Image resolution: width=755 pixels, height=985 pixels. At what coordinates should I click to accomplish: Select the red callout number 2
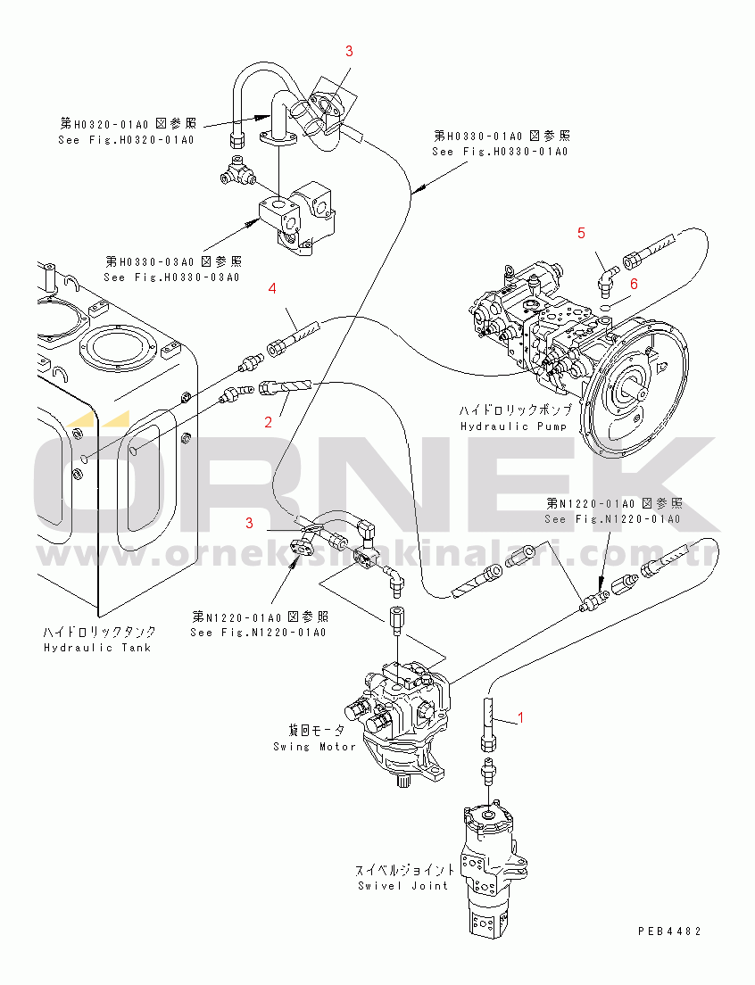[267, 423]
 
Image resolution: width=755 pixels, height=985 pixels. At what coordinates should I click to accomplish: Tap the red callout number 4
[273, 288]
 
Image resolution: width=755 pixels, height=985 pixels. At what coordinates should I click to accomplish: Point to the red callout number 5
[581, 233]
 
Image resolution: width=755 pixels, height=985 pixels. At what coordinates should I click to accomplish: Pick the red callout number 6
[634, 283]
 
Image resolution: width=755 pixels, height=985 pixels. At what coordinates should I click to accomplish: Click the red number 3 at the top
[349, 51]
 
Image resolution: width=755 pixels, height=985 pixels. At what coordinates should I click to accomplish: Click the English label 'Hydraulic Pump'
[502, 426]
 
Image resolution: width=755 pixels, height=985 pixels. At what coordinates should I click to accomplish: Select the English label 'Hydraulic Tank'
[96, 647]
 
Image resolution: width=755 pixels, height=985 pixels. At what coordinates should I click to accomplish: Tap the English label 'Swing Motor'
[314, 746]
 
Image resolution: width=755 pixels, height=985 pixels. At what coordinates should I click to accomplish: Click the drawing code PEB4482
[668, 931]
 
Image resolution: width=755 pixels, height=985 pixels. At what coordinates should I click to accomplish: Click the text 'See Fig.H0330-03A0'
[171, 277]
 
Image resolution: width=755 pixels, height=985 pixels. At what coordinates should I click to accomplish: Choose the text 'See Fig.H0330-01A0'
[500, 152]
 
